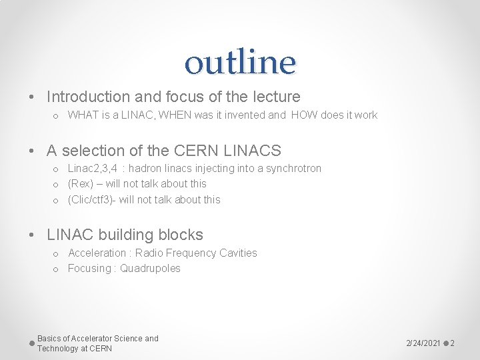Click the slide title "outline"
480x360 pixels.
coord(240,62)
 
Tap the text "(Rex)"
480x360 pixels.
coord(79,184)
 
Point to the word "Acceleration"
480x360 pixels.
coord(97,253)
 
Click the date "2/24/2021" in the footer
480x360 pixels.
coord(423,343)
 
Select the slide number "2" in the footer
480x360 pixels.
coord(452,343)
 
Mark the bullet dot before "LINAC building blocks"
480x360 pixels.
coord(32,235)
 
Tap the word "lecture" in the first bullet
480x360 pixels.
coord(276,97)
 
